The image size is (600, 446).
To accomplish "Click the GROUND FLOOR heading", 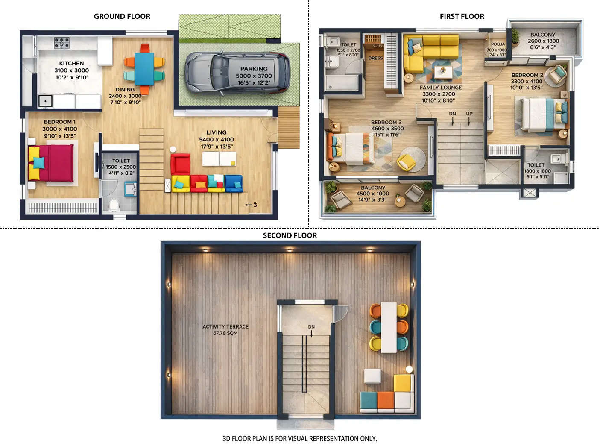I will coord(122,16).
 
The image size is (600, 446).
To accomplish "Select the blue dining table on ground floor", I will coord(144,69).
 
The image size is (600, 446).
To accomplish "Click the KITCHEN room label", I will coord(71,63).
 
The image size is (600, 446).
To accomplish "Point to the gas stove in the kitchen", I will coord(61,42).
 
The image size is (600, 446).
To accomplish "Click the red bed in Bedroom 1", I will coord(51,163).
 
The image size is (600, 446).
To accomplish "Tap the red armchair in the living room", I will coord(180,163).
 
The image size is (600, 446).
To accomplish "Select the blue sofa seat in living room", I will coord(233,183).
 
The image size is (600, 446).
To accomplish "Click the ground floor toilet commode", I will coord(114,205).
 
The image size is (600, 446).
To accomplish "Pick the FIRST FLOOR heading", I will coord(462,16).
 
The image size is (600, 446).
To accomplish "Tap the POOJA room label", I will coord(498,44).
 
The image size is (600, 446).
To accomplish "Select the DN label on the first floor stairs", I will coord(452,114).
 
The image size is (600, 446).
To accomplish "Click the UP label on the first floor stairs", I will coord(469,114).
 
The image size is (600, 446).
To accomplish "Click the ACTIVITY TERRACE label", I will coord(225,326).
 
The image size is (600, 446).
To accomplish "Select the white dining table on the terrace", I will coord(389,327).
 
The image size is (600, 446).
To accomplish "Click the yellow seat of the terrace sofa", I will coord(403,383).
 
